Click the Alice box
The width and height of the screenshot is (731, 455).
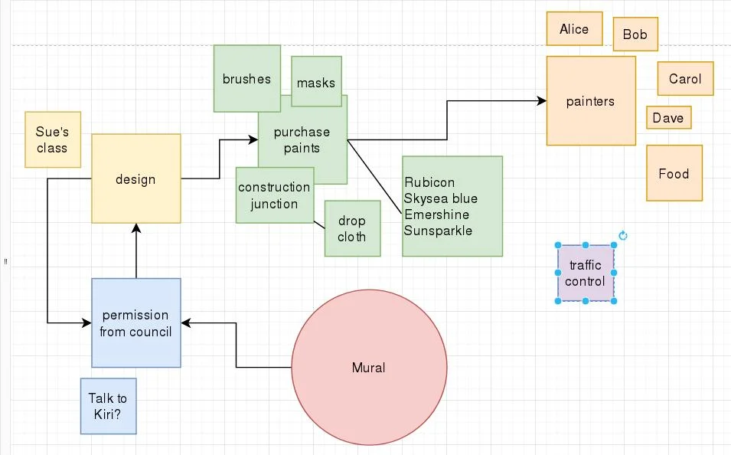coord(574,29)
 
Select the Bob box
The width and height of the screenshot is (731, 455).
coord(635,34)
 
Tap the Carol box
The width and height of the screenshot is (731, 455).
coord(685,79)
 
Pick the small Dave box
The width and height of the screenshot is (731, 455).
coord(668,118)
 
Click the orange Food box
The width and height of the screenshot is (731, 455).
coord(674,174)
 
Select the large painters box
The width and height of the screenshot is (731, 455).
coord(590,101)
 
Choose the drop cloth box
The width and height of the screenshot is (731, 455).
coord(351,229)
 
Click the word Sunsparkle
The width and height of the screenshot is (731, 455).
coord(438,231)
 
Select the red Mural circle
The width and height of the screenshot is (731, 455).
coord(369,368)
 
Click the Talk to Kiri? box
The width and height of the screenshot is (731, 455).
coord(108,407)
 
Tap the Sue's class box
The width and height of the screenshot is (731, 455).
coord(52,140)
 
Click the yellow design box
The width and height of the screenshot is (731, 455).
coord(135,180)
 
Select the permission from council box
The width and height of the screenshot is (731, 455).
coord(135,323)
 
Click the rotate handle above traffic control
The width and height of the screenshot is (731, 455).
coord(622,236)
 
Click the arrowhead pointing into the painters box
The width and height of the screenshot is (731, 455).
coord(542,100)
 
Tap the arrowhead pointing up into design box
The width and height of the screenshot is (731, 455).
coord(136,228)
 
